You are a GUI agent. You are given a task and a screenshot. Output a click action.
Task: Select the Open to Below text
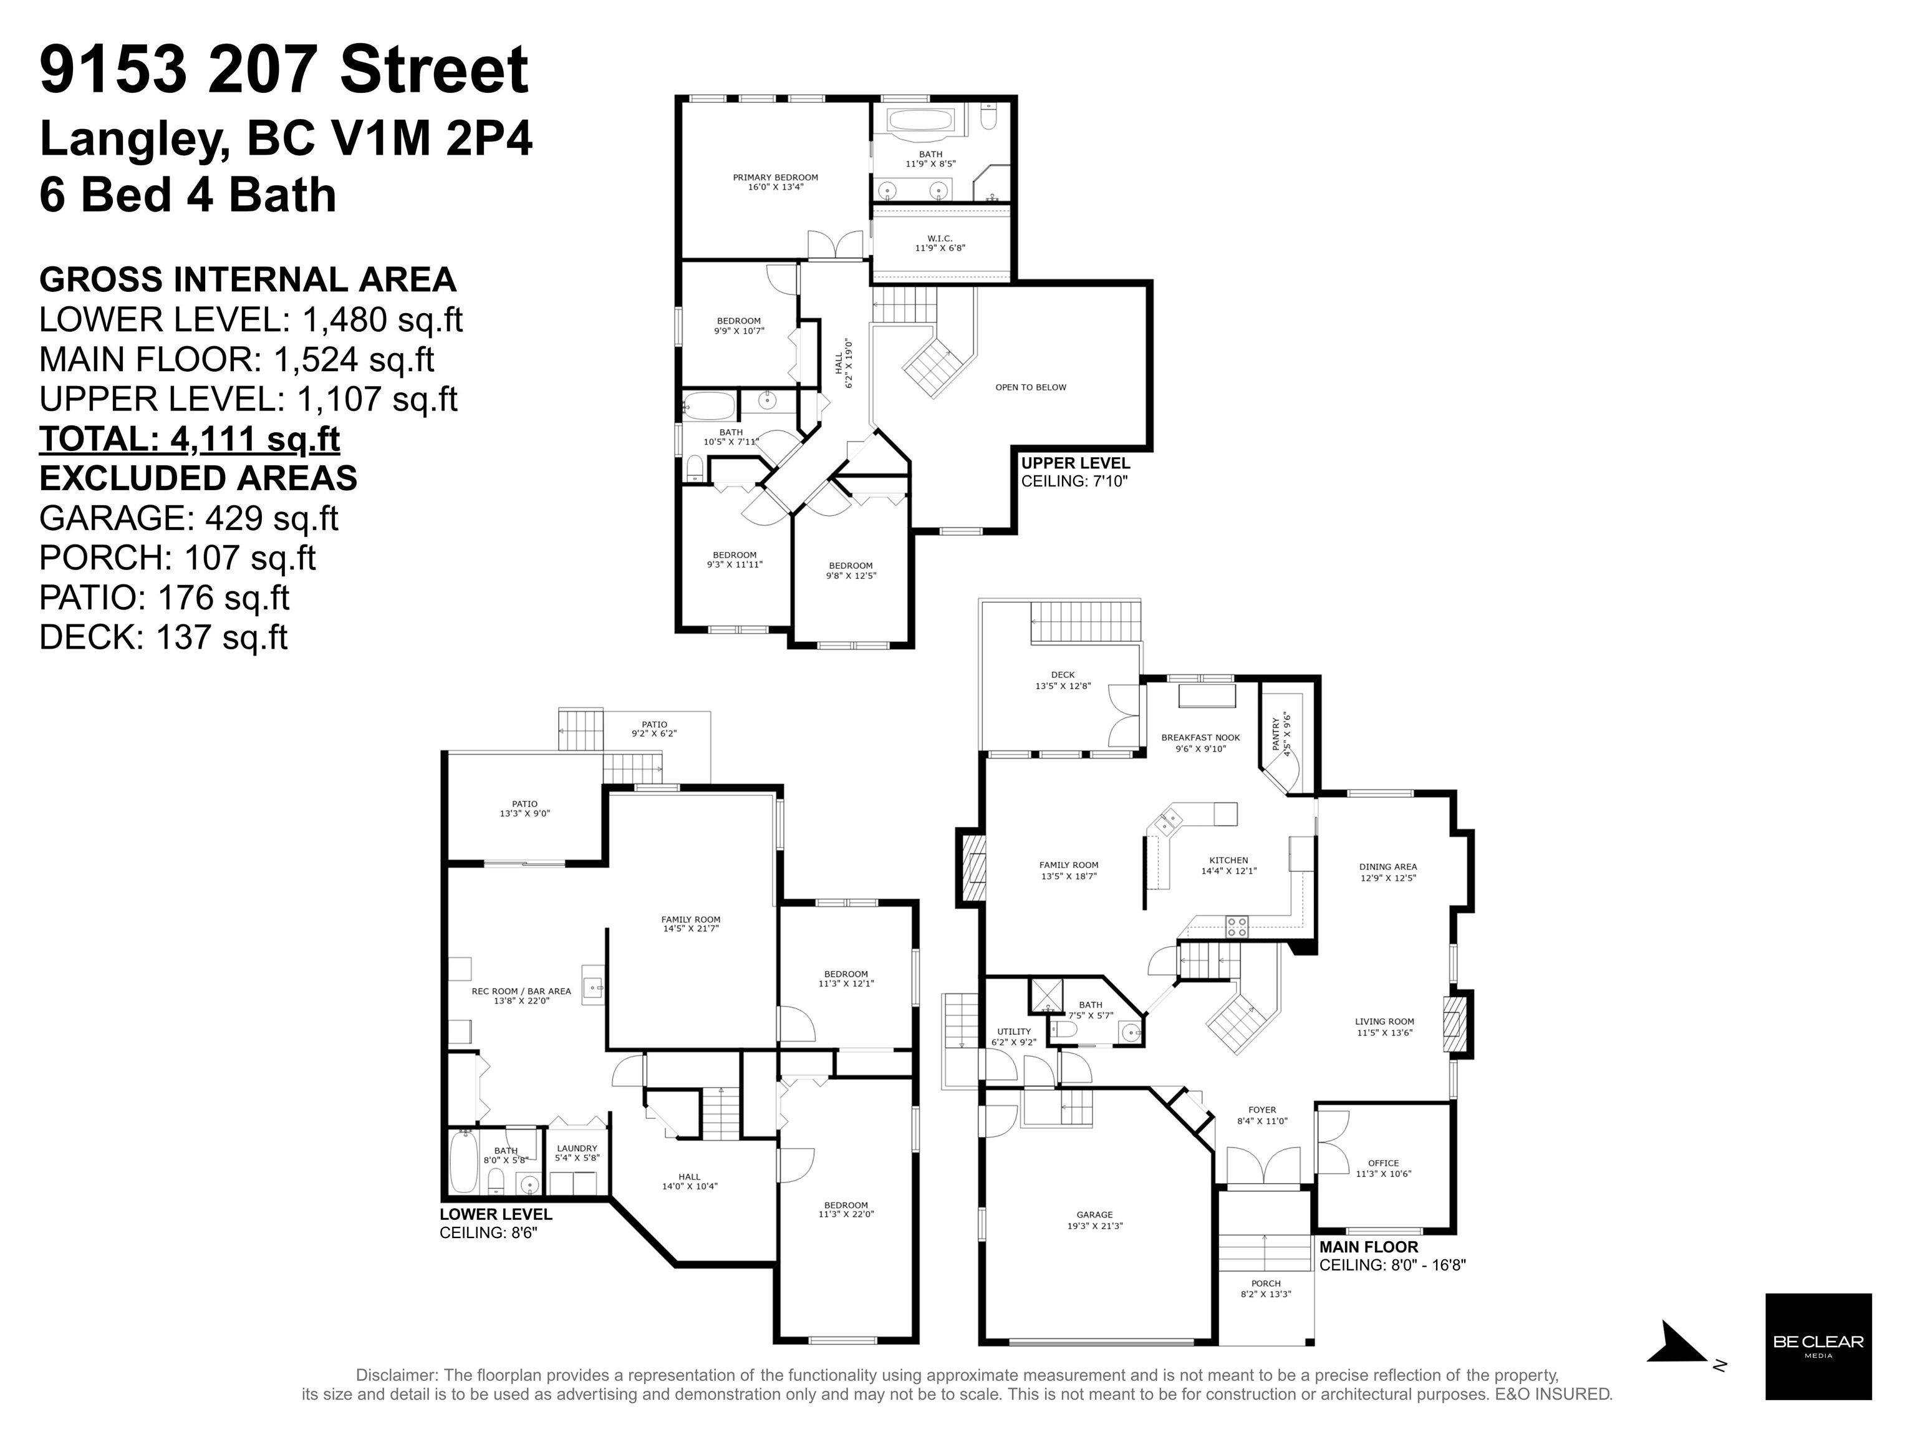pyautogui.click(x=1030, y=387)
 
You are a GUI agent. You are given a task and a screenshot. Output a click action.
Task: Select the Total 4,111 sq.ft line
pyautogui.click(x=190, y=439)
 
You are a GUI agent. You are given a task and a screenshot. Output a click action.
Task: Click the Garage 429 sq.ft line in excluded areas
pyautogui.click(x=189, y=518)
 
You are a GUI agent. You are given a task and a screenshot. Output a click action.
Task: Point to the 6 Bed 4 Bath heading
pyautogui.click(x=188, y=195)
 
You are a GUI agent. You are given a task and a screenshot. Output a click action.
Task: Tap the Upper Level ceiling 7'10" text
pyautogui.click(x=1075, y=472)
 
